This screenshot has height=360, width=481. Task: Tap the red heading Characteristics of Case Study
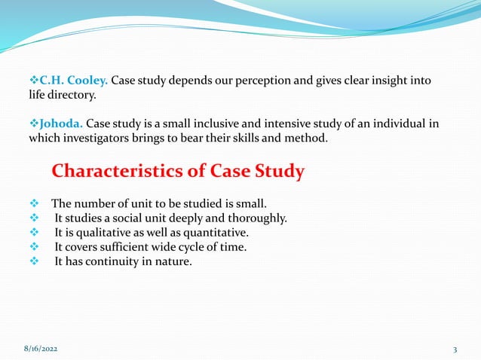pos(178,172)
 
